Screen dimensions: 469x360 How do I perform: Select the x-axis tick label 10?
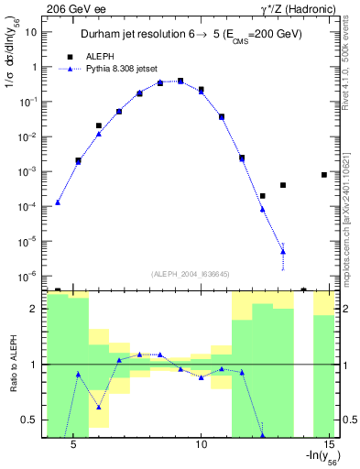202,445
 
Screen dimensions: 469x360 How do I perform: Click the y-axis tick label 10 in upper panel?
31,32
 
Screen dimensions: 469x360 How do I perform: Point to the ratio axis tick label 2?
33,310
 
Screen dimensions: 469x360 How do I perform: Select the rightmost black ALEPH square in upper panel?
324,174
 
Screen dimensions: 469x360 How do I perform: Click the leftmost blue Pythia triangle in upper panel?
58,202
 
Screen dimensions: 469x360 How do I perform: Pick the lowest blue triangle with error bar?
283,251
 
